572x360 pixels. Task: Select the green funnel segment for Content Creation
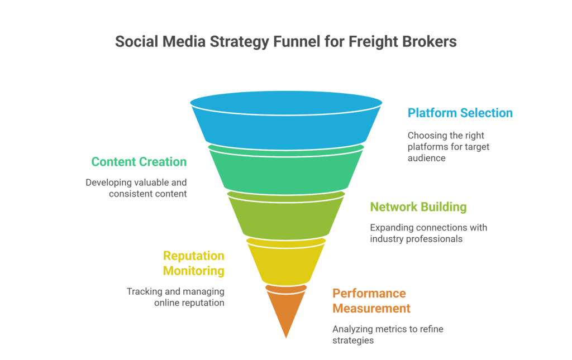pos(286,170)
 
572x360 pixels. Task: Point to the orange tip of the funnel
pos(286,310)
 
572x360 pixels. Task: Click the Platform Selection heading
pos(460,113)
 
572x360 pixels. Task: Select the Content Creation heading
pos(139,162)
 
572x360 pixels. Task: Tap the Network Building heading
pos(418,207)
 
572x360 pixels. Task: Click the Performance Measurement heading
pos(371,301)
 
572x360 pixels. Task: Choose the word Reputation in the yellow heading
pos(194,256)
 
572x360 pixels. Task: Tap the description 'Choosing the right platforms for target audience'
pos(449,147)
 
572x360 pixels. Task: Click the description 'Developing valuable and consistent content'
pos(136,188)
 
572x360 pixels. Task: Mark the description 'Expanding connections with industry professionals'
pos(428,233)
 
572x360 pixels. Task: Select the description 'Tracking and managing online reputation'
pos(175,297)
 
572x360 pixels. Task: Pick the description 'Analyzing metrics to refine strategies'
pos(388,334)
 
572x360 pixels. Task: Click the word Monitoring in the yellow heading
pos(194,271)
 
